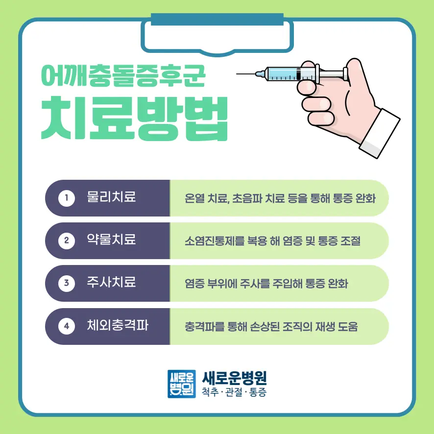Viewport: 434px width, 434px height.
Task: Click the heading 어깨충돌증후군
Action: (x=123, y=75)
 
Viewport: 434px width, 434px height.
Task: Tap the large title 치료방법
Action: (x=135, y=118)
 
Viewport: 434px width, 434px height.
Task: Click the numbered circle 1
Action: (x=67, y=198)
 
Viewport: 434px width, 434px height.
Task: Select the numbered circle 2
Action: (x=67, y=241)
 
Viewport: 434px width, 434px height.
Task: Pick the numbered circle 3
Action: (x=67, y=283)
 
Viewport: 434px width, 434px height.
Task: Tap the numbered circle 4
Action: (x=67, y=326)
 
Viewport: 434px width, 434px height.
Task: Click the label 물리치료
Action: (x=111, y=197)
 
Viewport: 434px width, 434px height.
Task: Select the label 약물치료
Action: (x=111, y=240)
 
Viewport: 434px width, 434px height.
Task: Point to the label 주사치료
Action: (x=111, y=282)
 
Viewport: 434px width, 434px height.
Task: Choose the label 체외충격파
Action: (x=118, y=325)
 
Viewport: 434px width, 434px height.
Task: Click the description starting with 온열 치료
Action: (x=280, y=198)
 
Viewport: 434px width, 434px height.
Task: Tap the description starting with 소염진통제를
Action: (x=273, y=241)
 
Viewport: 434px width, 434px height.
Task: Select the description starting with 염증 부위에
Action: (x=266, y=284)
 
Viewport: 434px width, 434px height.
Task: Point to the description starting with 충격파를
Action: (x=271, y=327)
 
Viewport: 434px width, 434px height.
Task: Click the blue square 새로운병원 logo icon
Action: (x=182, y=384)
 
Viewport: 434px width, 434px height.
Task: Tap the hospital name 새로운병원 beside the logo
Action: (x=235, y=378)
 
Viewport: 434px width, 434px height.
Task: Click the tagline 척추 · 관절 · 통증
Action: (x=234, y=392)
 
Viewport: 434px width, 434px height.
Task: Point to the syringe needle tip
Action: (x=237, y=74)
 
